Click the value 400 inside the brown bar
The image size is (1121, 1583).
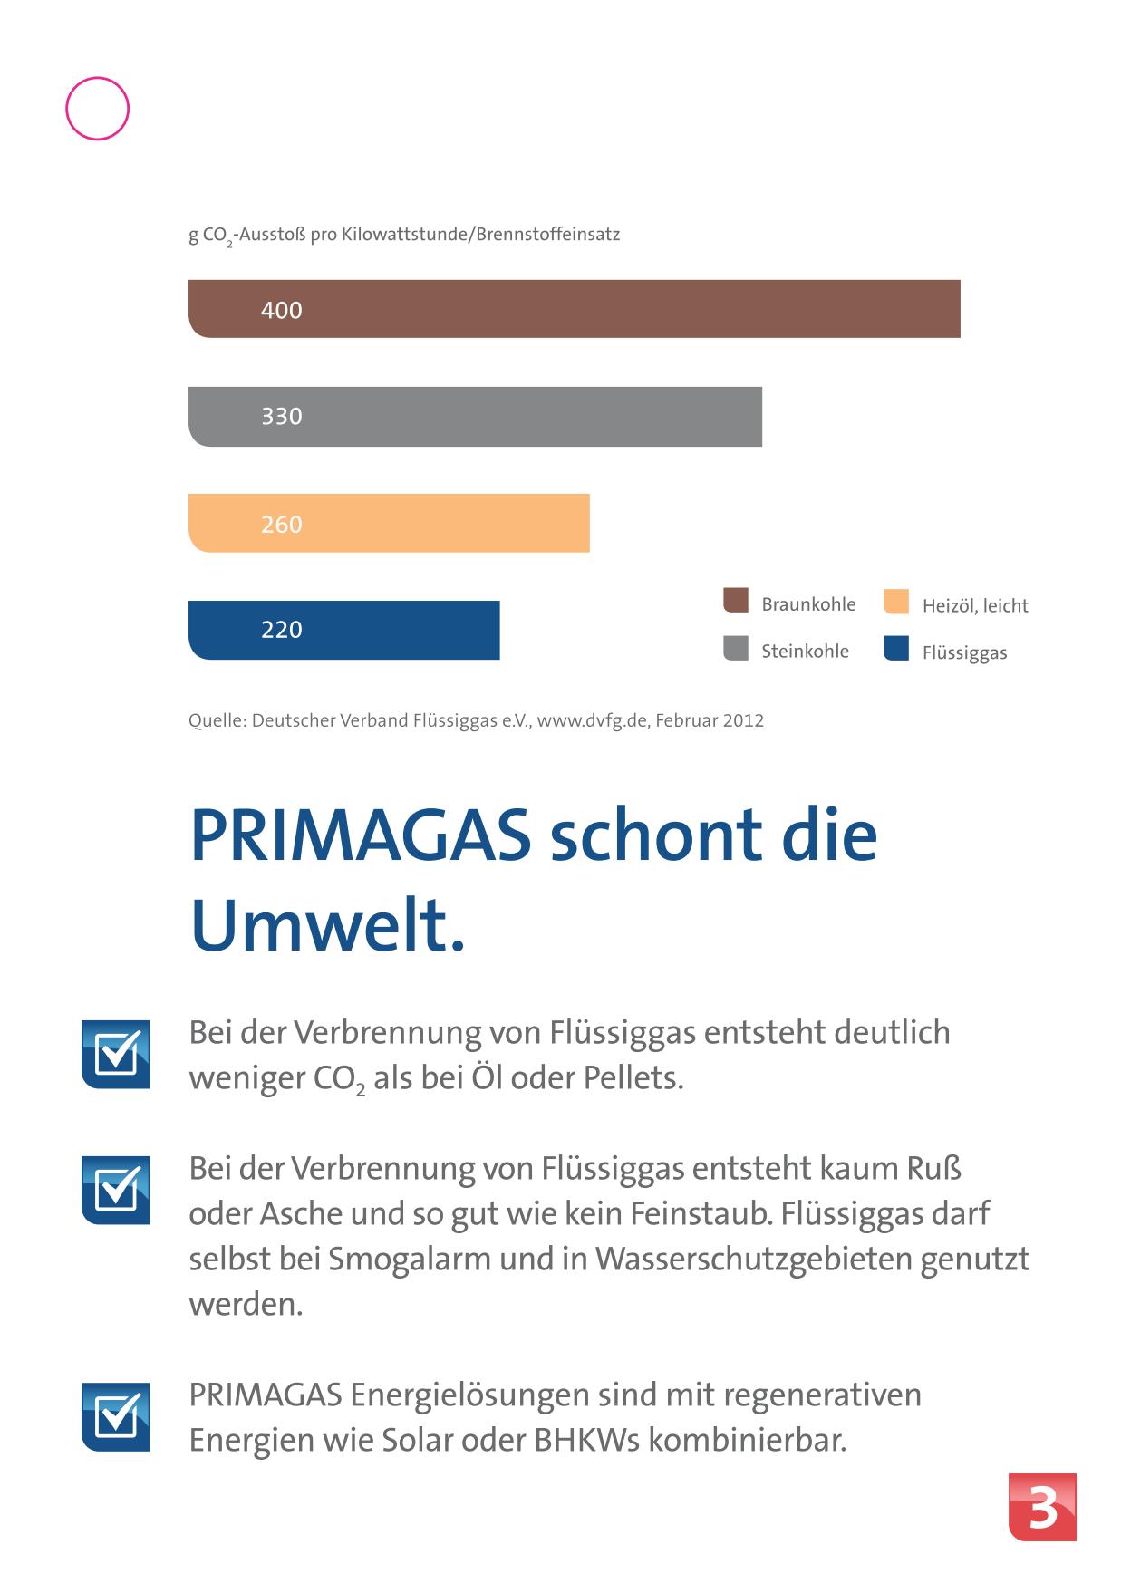coord(281,310)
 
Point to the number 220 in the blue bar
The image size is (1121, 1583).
coord(281,630)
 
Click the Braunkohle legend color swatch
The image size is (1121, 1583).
coord(736,601)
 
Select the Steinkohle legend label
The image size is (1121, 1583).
coord(805,651)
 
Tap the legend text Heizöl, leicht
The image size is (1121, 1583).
coord(975,606)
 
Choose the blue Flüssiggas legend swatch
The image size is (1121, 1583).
coord(896,649)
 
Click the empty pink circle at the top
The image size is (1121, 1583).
coord(98,109)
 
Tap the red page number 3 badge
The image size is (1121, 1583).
coord(1042,1507)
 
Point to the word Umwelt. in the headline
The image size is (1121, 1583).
coord(327,927)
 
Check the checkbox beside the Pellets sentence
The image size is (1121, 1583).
coord(116,1055)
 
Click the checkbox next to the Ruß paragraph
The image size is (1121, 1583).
coord(116,1190)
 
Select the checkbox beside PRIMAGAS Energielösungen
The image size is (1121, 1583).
coord(116,1416)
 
